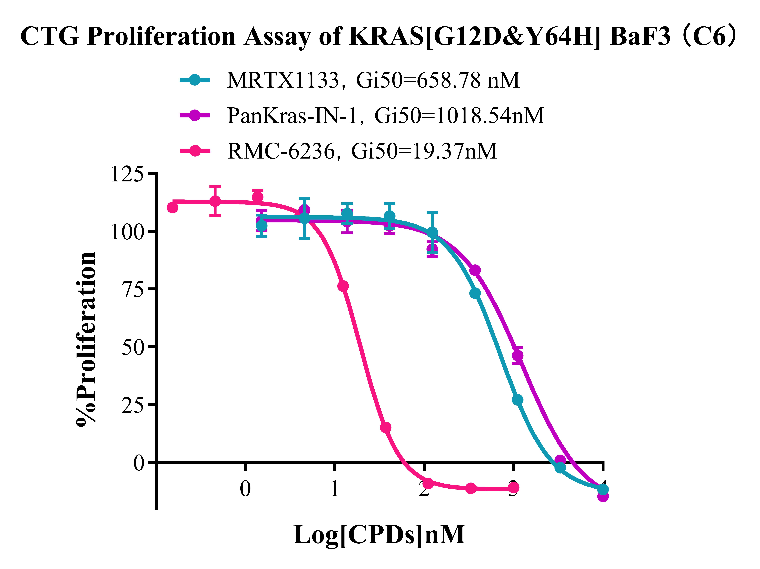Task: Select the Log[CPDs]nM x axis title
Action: point(379,535)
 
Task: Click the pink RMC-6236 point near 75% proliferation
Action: point(343,286)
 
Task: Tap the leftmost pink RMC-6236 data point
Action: point(172,207)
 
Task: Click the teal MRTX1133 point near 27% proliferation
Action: point(517,400)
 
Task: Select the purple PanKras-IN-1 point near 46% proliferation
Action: point(517,356)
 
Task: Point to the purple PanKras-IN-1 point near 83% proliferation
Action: point(475,270)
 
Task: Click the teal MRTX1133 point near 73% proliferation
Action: point(475,293)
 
